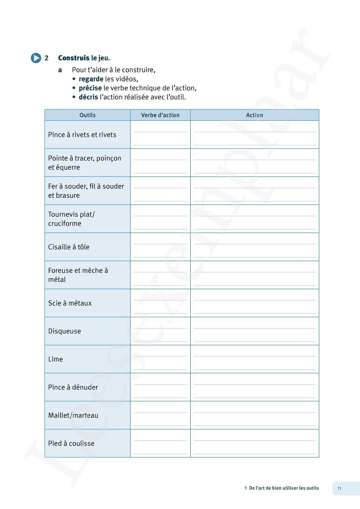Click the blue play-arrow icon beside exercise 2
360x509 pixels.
point(36,58)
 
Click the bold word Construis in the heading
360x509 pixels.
point(74,58)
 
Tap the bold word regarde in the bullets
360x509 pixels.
point(91,79)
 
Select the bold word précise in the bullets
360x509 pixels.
point(90,88)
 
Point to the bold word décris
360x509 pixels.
point(88,97)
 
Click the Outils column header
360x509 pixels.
point(87,115)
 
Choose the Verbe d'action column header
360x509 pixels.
point(160,115)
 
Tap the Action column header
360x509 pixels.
point(255,115)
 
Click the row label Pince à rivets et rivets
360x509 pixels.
point(82,135)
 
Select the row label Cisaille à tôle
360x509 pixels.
point(69,247)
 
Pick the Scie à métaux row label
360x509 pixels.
point(70,303)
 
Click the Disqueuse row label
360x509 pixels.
point(64,331)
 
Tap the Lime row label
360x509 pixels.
point(55,359)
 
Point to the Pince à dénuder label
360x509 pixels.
point(73,387)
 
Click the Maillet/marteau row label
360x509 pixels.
point(73,415)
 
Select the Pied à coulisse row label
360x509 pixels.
point(71,443)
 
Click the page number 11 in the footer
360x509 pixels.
point(339,488)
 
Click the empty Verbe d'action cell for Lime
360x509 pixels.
point(160,359)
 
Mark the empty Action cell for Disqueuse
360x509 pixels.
point(255,331)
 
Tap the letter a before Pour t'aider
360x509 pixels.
point(60,70)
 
